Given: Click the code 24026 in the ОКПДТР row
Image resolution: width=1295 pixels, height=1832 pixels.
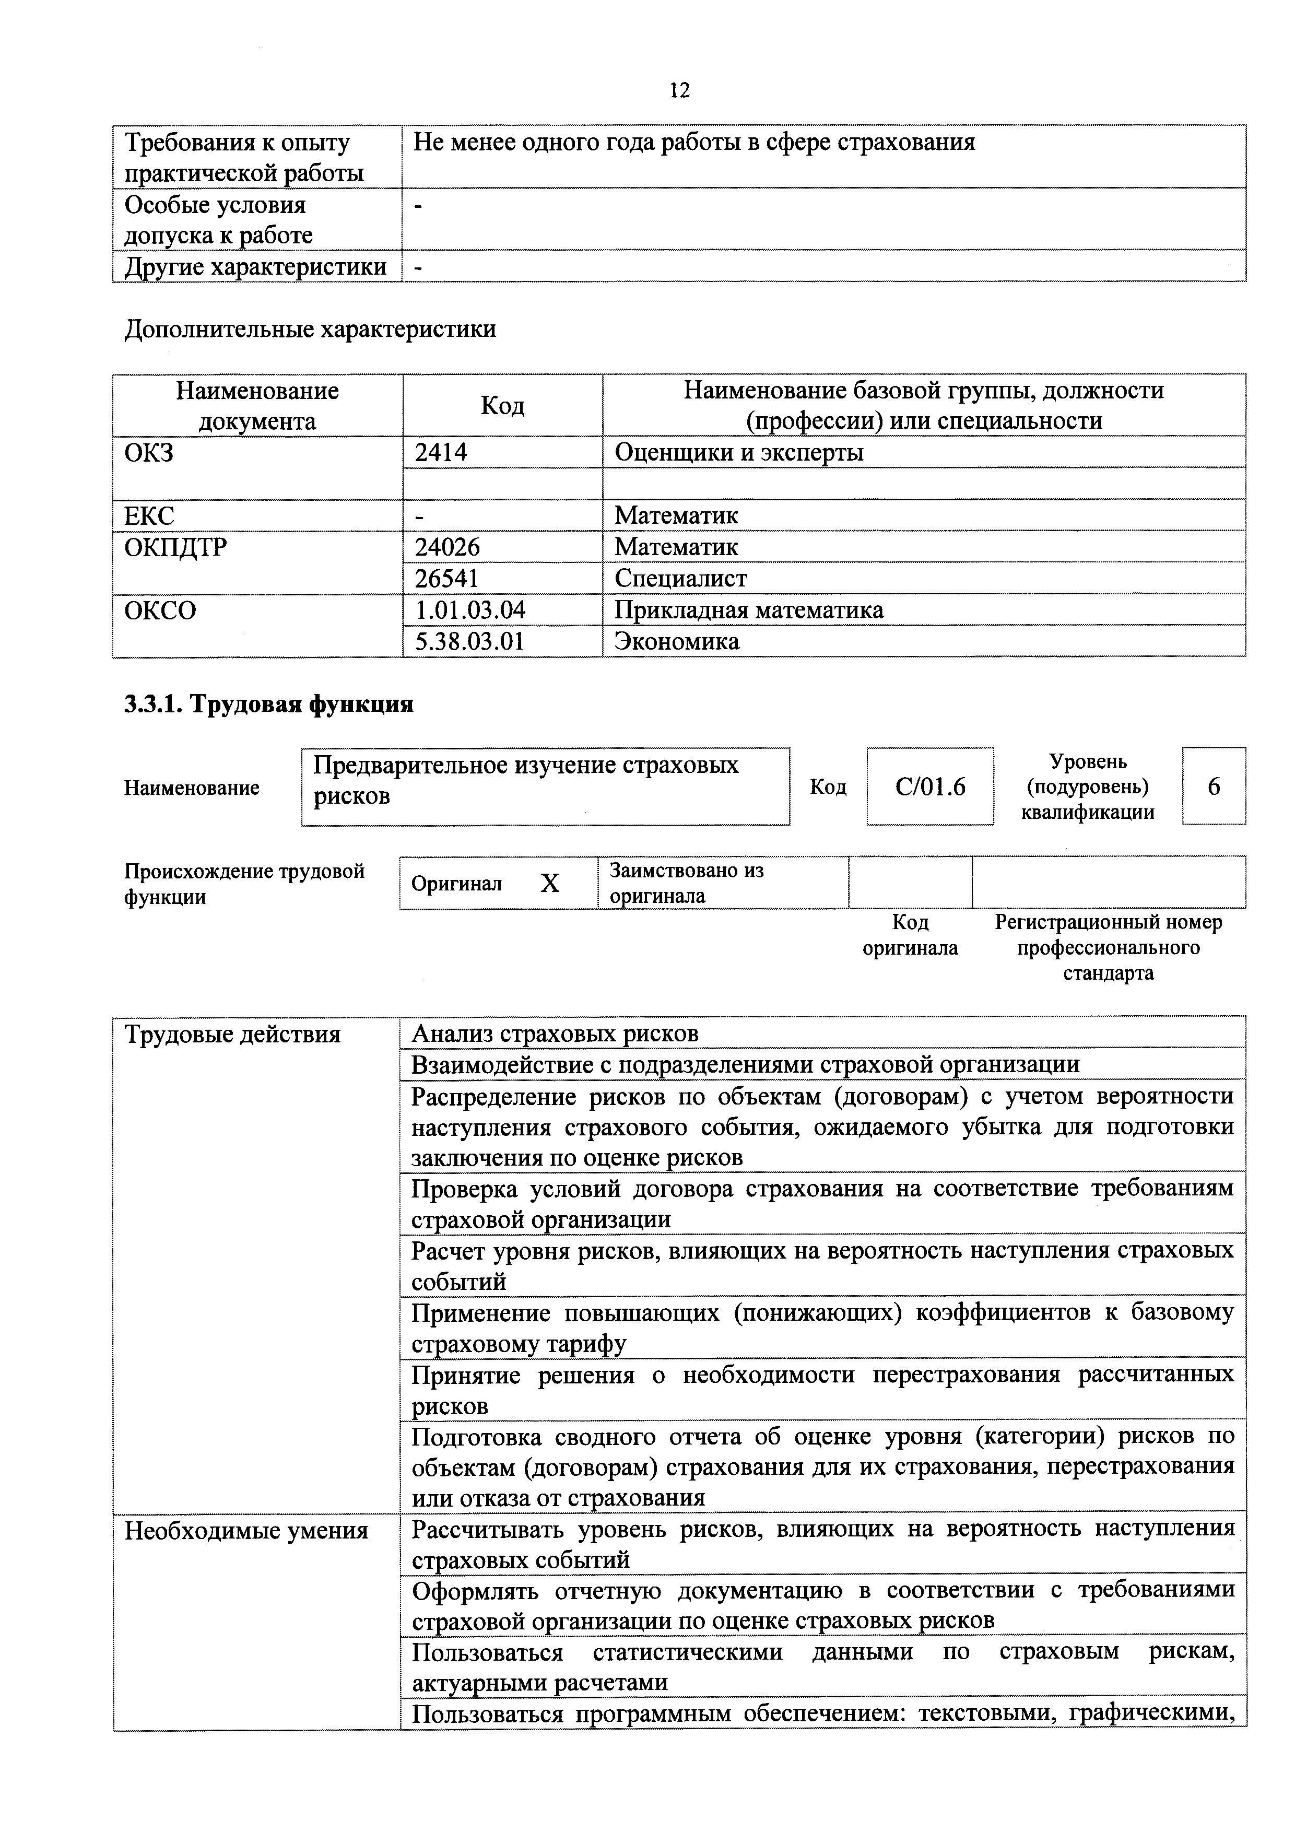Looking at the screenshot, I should [447, 547].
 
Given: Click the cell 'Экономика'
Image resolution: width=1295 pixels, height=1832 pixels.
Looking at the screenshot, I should [677, 641].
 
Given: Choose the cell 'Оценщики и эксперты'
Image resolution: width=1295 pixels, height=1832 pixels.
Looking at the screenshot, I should [739, 452].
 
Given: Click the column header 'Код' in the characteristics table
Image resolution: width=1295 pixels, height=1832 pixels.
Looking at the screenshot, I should [503, 405].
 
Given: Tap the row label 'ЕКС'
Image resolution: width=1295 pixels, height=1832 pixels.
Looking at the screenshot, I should [149, 515].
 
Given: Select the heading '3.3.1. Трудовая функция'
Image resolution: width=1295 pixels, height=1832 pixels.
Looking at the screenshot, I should [269, 704].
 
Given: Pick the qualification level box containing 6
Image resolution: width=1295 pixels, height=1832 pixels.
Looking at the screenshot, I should [1214, 786].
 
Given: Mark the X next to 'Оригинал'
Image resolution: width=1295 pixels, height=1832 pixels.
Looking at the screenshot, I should [550, 883].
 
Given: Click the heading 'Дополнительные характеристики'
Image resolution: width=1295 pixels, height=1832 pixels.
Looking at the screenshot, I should [310, 328].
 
